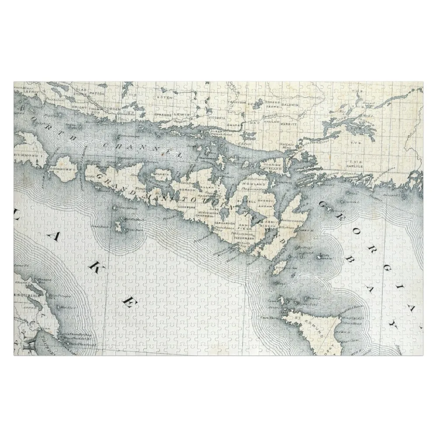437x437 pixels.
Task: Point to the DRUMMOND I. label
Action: click(x=27, y=156)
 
